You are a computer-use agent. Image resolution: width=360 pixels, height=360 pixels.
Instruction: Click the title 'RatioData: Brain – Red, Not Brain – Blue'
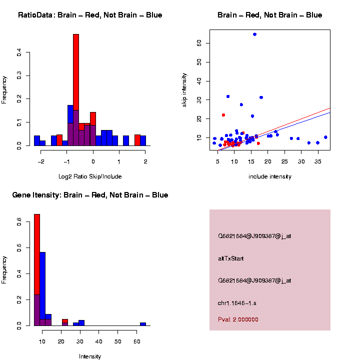coord(90,15)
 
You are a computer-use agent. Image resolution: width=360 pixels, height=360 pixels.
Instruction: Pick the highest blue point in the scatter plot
coord(254,34)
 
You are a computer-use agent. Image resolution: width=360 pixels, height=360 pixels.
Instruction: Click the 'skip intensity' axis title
coord(184,89)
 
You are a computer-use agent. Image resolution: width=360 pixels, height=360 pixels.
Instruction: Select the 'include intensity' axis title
coord(269,176)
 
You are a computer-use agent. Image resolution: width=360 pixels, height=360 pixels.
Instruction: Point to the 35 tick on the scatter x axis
coord(317,161)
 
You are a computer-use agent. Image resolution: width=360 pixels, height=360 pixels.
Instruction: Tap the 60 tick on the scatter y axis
coord(199,43)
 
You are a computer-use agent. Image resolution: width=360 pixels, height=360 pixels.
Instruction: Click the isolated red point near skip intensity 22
coord(223,115)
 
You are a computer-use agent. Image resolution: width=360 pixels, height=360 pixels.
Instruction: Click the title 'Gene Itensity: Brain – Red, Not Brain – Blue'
coord(90,195)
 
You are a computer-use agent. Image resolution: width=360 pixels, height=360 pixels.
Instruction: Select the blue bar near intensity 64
coord(143,324)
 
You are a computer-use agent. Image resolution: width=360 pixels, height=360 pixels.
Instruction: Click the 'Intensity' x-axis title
coord(90,356)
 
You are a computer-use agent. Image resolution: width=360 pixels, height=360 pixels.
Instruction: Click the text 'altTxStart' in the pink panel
coord(230,258)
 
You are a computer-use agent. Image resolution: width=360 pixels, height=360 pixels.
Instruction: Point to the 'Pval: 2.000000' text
coord(238,319)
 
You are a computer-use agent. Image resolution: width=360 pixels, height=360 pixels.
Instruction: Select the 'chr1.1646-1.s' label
coord(237,303)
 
